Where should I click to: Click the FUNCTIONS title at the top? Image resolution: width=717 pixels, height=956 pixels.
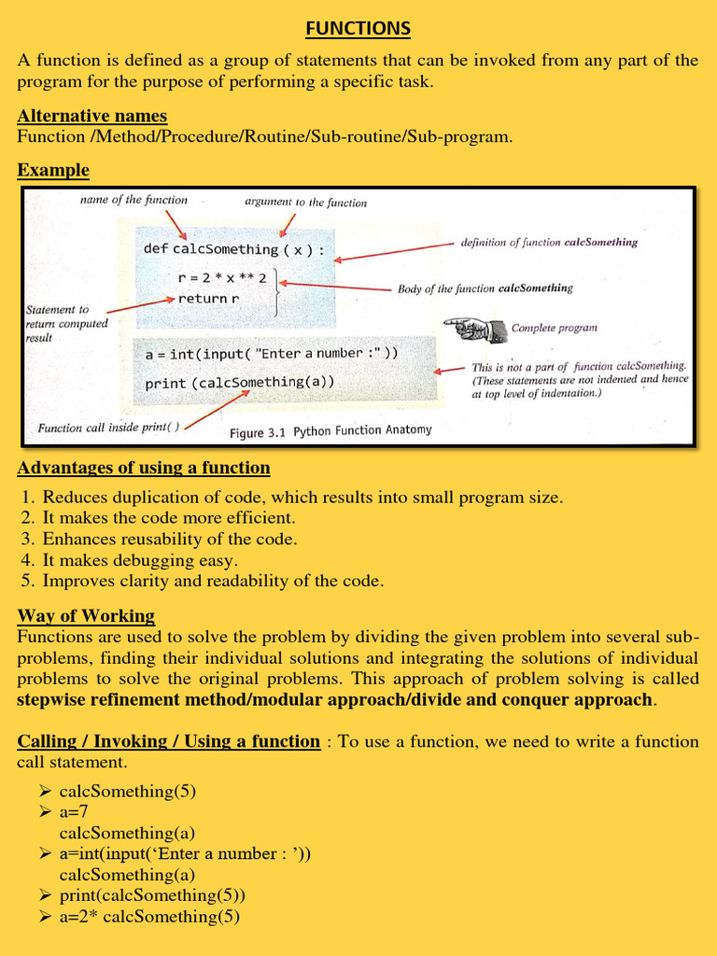(358, 29)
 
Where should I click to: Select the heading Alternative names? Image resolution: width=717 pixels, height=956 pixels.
(92, 116)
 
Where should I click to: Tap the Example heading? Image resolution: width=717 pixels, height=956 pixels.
(53, 170)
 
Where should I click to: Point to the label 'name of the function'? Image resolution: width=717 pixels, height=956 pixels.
(134, 200)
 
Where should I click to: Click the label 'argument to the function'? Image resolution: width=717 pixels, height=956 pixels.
(305, 202)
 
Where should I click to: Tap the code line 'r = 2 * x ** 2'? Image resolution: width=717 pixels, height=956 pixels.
(221, 278)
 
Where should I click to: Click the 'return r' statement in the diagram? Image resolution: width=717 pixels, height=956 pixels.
(208, 299)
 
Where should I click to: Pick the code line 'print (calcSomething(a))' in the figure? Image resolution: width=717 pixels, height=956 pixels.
(240, 383)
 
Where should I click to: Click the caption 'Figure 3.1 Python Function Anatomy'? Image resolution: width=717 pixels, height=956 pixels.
(331, 431)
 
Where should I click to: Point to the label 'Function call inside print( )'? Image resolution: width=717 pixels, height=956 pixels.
(109, 429)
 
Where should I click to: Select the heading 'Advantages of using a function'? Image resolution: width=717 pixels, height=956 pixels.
(144, 468)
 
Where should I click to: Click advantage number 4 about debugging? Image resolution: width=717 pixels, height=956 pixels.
(140, 560)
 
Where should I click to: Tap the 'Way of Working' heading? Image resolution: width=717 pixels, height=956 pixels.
(86, 616)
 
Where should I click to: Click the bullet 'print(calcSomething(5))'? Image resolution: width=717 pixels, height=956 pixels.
(152, 895)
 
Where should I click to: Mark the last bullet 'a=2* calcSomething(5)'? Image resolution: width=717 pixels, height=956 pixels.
(149, 917)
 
